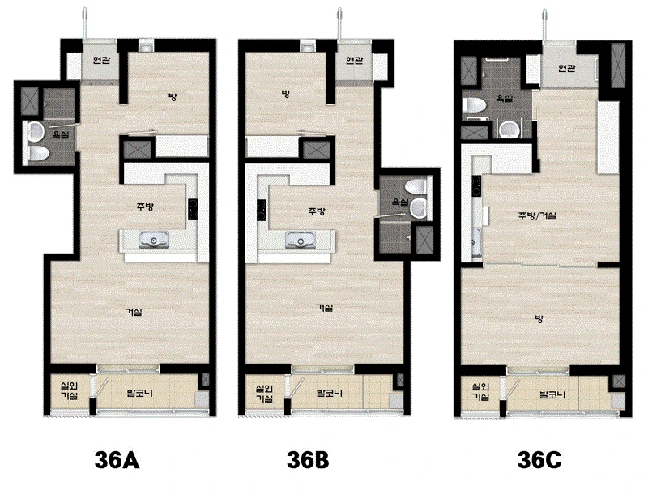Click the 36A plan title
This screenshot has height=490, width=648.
(117, 460)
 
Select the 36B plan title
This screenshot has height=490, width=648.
(308, 460)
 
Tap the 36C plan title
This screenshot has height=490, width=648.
(539, 460)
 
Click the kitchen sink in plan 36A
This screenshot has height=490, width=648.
(154, 240)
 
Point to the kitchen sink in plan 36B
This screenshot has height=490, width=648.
(301, 240)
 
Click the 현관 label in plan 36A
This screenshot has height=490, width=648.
(101, 60)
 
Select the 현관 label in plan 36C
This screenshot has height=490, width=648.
(566, 68)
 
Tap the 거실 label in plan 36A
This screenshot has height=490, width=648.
(134, 312)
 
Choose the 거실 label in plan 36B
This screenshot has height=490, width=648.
(325, 308)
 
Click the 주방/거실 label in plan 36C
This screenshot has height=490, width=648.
(537, 215)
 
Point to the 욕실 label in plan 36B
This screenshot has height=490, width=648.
(400, 202)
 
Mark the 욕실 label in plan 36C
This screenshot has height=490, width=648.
(505, 99)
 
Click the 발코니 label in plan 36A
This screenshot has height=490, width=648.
(139, 392)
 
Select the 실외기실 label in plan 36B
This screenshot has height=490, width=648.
(264, 394)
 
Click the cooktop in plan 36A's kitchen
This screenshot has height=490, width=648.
(193, 210)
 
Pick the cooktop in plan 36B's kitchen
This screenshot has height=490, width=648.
(261, 210)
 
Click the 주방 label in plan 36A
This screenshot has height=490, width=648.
(145, 207)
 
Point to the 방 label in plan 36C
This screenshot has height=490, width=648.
(539, 319)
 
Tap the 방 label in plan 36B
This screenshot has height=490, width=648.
(285, 94)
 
